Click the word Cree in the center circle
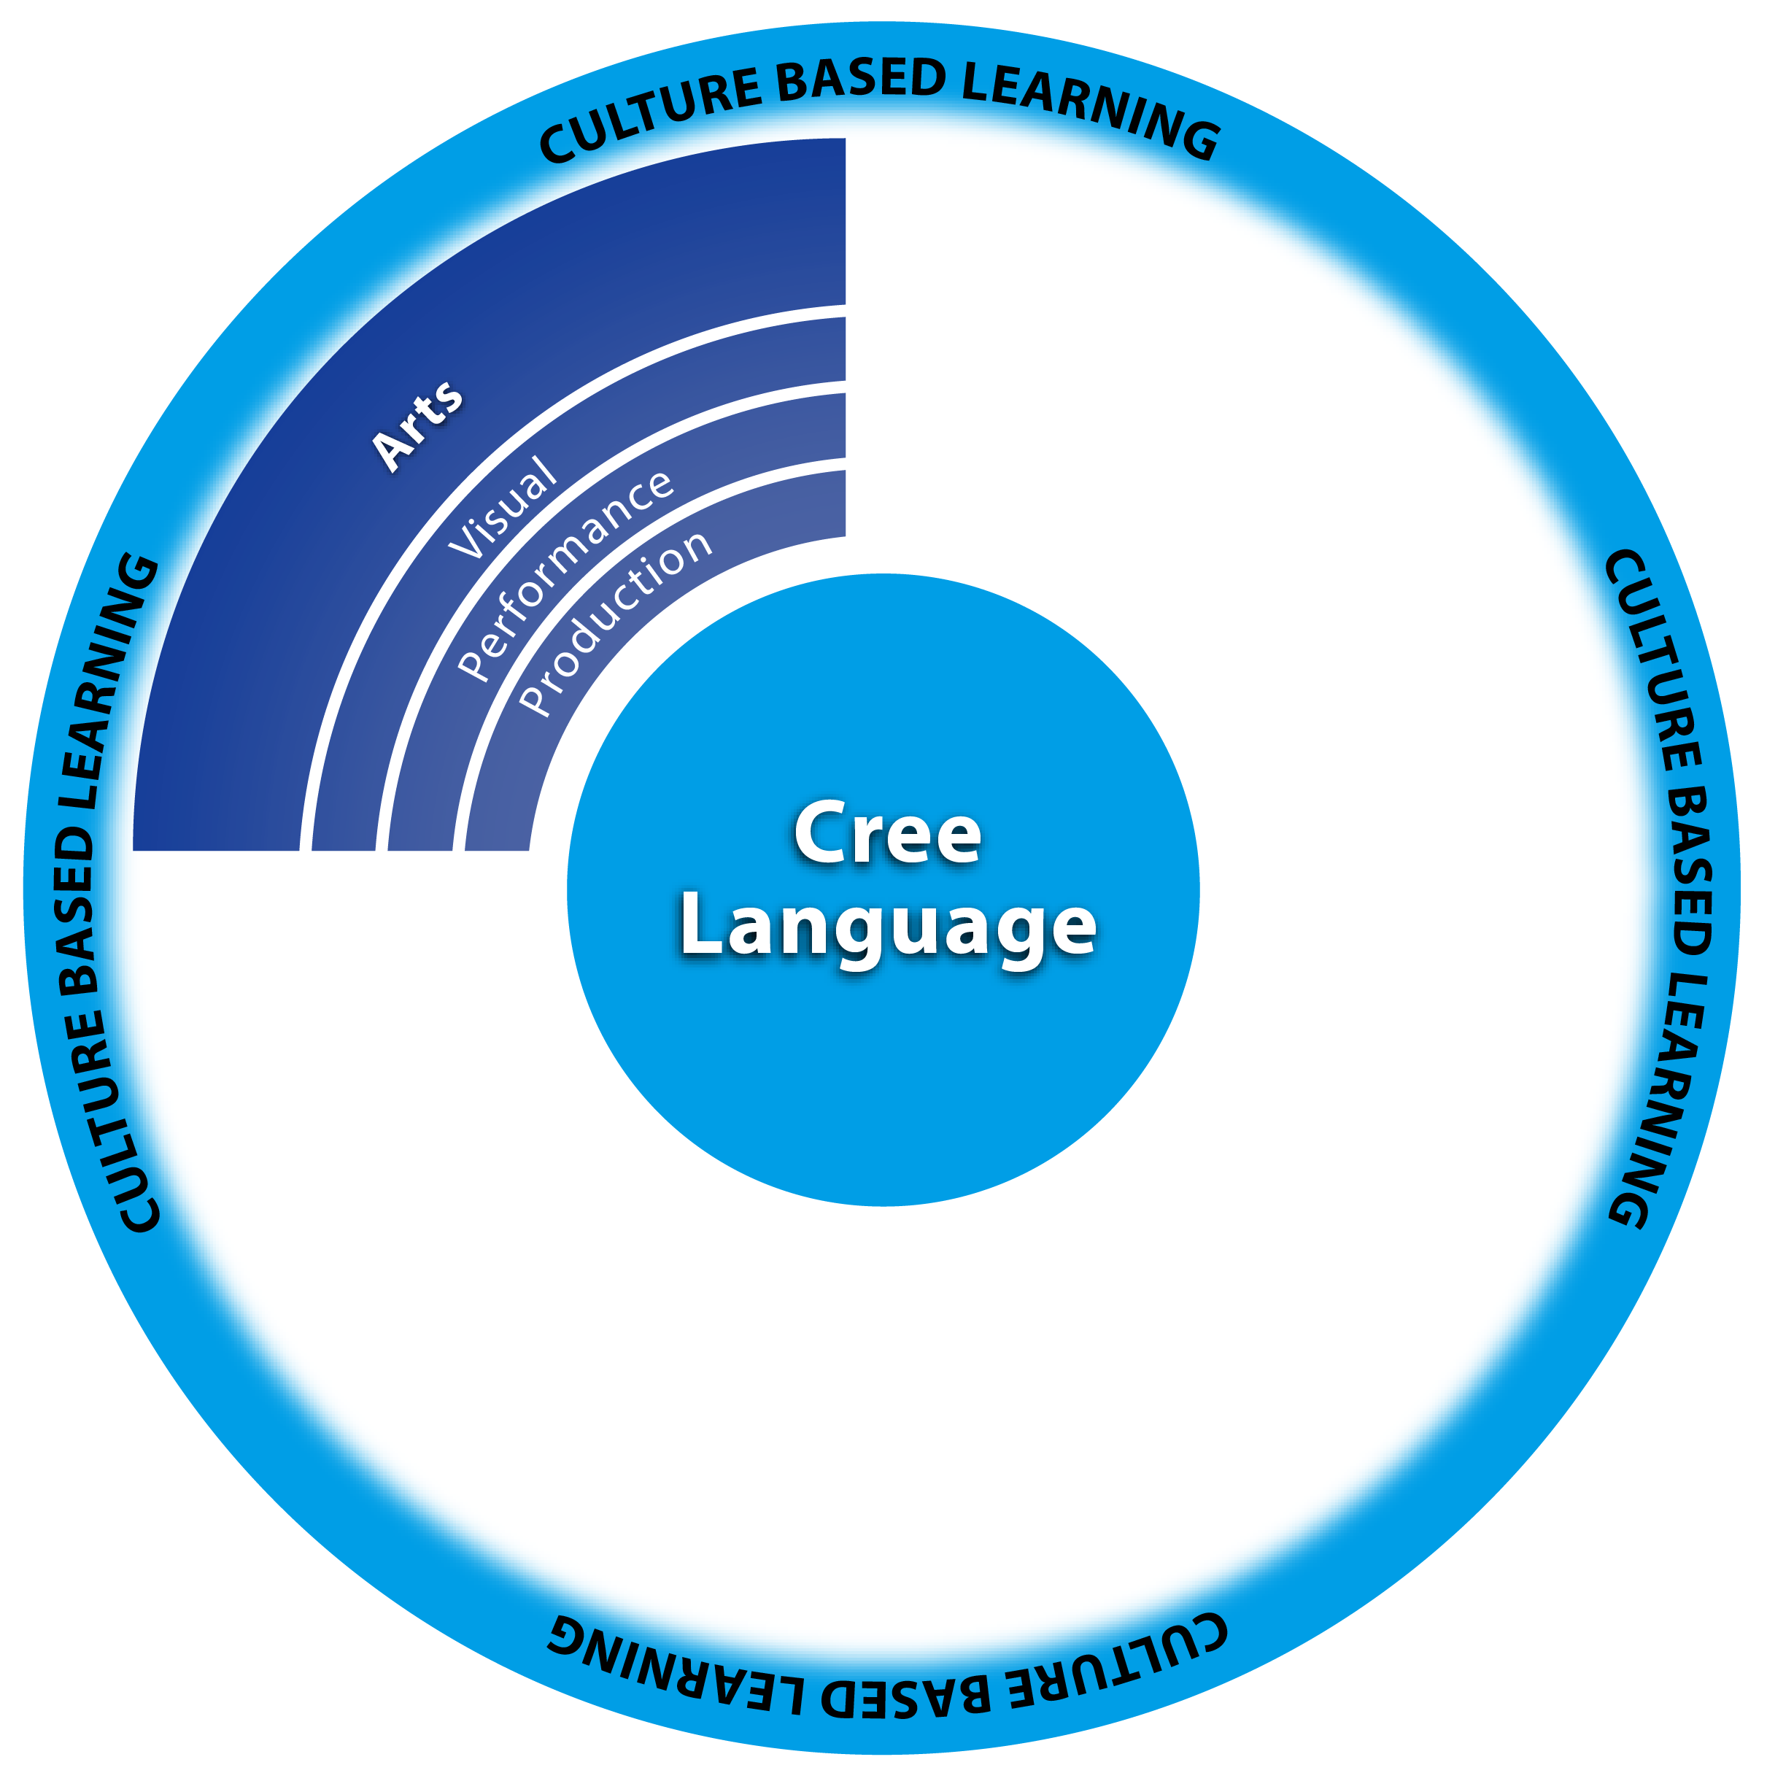point(887,834)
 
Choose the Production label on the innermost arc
point(615,623)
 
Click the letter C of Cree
point(819,833)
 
